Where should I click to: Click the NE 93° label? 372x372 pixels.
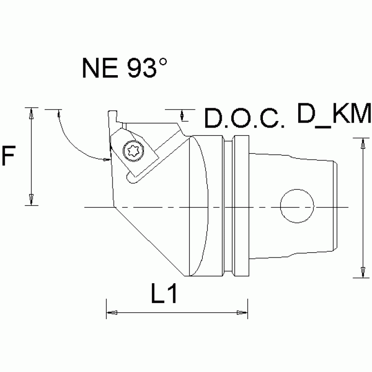125,69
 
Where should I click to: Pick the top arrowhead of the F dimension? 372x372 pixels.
31,114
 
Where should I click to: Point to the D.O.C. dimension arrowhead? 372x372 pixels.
182,115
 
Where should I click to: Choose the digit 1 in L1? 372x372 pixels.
171,295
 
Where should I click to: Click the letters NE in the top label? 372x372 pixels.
97,69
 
